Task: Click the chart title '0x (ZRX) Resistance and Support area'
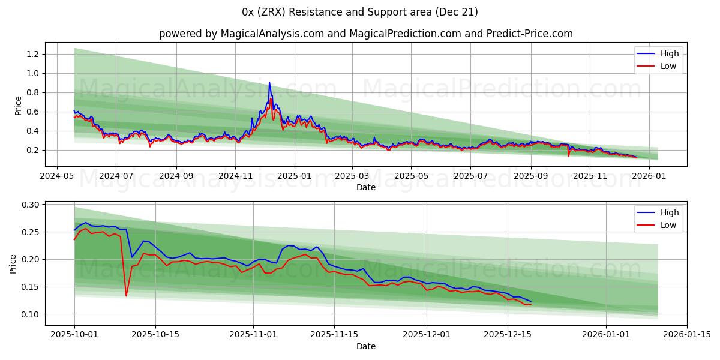click(360, 12)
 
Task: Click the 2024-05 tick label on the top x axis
click(57, 176)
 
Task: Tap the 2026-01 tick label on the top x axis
click(649, 176)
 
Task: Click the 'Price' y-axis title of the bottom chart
click(13, 263)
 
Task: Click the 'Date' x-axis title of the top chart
click(366, 187)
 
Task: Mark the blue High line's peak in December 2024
click(269, 82)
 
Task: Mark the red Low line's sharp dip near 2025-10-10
click(126, 295)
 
